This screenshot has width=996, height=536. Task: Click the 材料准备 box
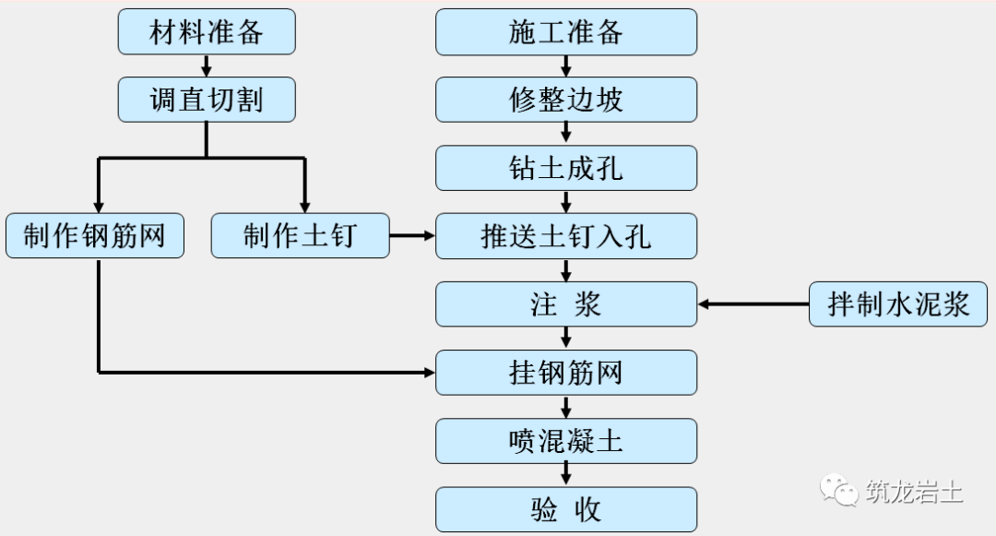(x=207, y=32)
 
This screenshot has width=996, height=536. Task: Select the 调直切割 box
(x=207, y=100)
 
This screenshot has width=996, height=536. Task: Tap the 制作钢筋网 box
(x=95, y=236)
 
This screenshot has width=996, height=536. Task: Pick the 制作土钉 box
(x=300, y=236)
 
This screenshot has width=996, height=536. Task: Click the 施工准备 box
(x=565, y=32)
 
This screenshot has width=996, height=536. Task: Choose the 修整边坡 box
(x=565, y=100)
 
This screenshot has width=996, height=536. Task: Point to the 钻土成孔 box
(x=565, y=168)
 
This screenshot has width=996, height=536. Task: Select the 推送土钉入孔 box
(x=565, y=236)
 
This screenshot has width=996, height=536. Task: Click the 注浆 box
(x=565, y=304)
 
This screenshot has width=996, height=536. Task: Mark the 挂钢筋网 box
(x=565, y=373)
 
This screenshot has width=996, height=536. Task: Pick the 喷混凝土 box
(x=565, y=441)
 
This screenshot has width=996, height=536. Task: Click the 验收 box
(x=565, y=509)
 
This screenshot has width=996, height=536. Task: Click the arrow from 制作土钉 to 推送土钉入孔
(x=412, y=236)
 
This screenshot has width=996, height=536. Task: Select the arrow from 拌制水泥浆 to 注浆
(x=753, y=304)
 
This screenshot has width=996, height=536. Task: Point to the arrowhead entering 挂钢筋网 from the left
(x=429, y=373)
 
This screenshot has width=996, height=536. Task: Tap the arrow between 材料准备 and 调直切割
(x=207, y=66)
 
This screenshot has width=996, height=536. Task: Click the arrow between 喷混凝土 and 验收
(x=565, y=475)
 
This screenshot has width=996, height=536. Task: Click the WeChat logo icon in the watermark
(x=841, y=490)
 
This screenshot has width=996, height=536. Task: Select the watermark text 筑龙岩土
(x=914, y=491)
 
